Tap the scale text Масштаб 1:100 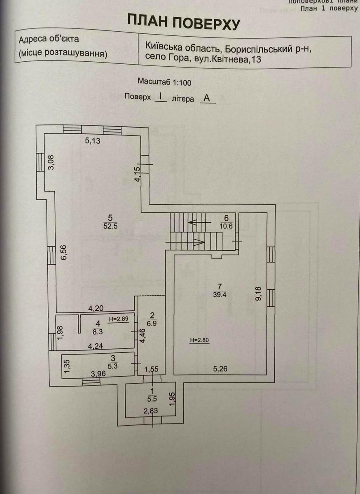coord(164,82)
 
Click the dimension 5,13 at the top coord(93,141)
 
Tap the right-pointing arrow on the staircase coord(197,242)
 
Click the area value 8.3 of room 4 coord(97,330)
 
